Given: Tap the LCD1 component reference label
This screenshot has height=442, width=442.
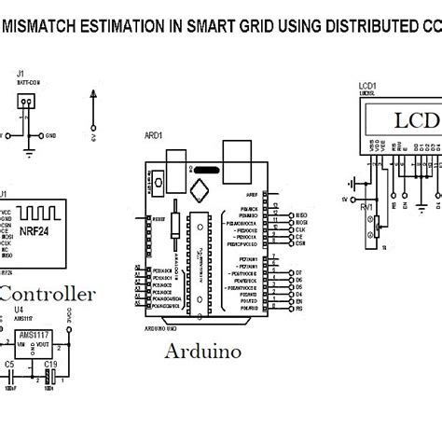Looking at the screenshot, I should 367,86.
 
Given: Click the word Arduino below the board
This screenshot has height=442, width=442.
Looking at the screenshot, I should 202,352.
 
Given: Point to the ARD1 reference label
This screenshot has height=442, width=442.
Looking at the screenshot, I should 152,134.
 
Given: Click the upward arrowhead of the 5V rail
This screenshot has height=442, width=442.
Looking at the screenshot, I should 93,94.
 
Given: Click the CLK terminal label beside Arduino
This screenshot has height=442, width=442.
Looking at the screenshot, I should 300,231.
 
